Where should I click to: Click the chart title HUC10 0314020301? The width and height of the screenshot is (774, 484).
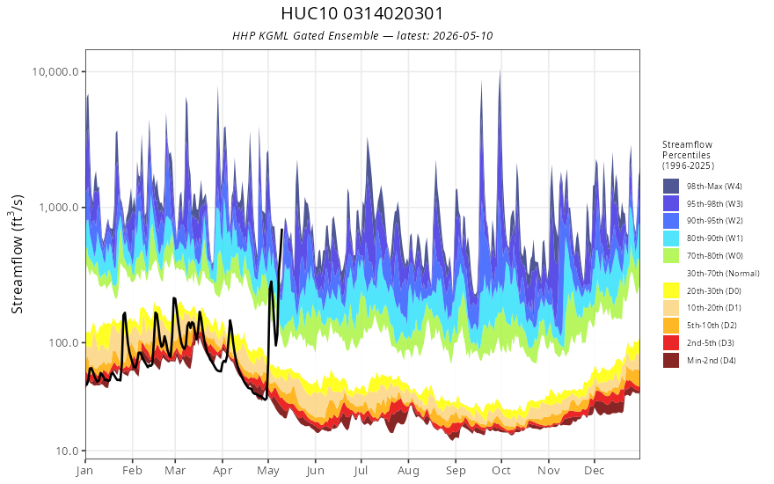(362, 13)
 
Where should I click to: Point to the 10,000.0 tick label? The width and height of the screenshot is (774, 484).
(55, 71)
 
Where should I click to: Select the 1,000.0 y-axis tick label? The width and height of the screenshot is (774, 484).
(59, 208)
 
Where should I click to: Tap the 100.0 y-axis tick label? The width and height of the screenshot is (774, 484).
(63, 342)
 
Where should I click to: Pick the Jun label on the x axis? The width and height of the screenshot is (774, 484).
(315, 471)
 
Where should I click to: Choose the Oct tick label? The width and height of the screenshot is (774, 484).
(501, 471)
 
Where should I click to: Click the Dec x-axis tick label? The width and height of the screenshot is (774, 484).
(595, 471)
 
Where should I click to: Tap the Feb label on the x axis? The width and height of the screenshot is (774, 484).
(132, 471)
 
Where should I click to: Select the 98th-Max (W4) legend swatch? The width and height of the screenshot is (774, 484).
(671, 187)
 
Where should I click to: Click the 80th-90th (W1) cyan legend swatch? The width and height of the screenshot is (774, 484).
(671, 238)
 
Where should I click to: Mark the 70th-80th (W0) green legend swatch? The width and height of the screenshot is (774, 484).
(671, 256)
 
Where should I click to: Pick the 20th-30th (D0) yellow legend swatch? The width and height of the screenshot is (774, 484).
(671, 290)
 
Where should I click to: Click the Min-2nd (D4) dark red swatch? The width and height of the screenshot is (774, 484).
(671, 360)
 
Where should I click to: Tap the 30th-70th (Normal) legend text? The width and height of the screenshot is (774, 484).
(723, 273)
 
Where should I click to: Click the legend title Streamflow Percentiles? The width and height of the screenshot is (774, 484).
(688, 150)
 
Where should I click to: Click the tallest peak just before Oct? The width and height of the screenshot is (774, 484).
(500, 70)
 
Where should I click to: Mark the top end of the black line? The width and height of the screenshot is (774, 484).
(281, 230)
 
